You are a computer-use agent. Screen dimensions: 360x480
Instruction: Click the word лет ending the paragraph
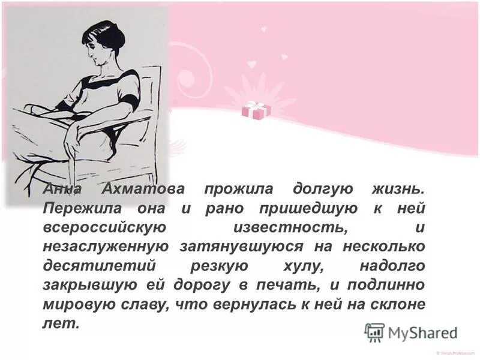tap(61, 323)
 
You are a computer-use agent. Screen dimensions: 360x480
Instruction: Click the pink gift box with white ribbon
tap(256, 110)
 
